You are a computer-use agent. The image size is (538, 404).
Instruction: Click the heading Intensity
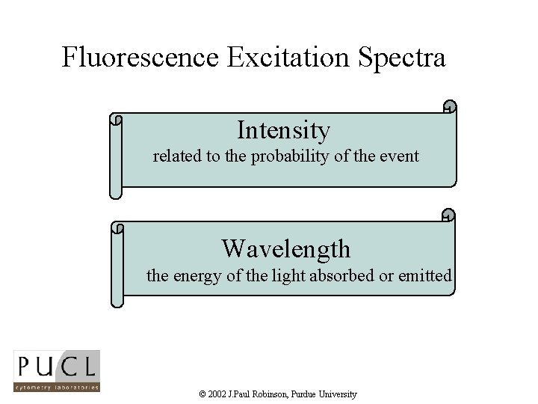coord(283,130)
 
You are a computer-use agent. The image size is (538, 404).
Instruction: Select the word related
coord(176,156)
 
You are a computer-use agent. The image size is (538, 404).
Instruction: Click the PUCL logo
coord(56,372)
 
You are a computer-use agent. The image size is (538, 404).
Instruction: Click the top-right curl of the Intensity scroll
coord(448,106)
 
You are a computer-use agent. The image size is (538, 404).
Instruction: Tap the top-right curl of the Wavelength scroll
coord(448,215)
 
